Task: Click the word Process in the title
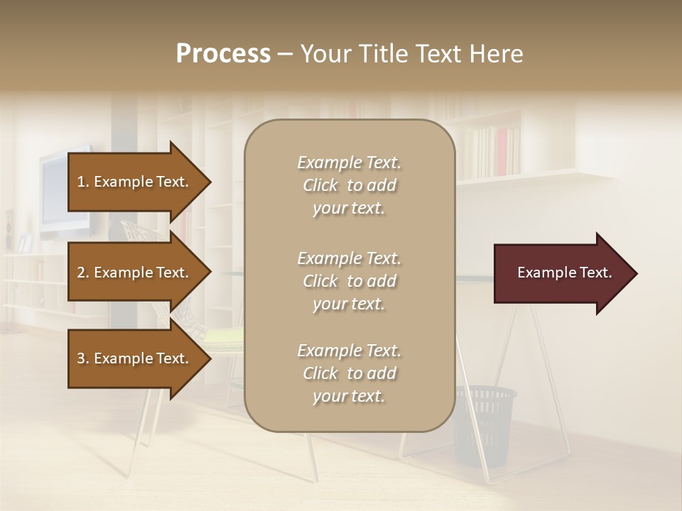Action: click(223, 54)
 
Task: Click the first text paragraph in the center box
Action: click(349, 185)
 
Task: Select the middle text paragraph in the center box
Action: click(349, 281)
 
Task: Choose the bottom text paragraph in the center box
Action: click(349, 373)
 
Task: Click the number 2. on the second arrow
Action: click(83, 273)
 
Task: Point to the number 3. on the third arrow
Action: click(83, 358)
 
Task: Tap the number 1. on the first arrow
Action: click(83, 182)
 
